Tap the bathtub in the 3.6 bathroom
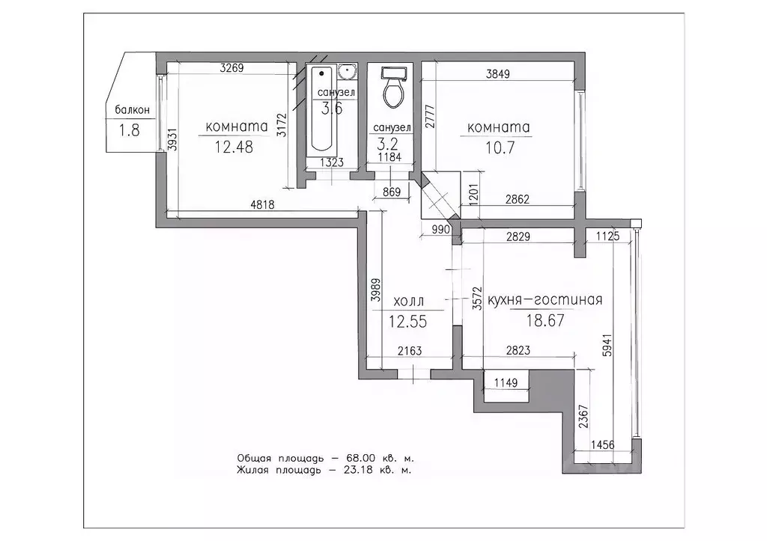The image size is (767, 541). pyautogui.click(x=321, y=108)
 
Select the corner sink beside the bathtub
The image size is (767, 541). pyautogui.click(x=348, y=73)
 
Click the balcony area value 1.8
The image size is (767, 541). pyautogui.click(x=129, y=130)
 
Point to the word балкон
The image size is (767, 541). pyautogui.click(x=132, y=110)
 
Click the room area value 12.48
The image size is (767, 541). pyautogui.click(x=234, y=147)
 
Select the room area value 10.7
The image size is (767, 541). pyautogui.click(x=500, y=147)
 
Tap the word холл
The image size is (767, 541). pyautogui.click(x=408, y=301)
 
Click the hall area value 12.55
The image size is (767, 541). pyautogui.click(x=407, y=322)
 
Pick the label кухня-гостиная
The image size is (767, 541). pyautogui.click(x=545, y=299)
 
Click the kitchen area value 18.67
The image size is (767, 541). pyautogui.click(x=545, y=320)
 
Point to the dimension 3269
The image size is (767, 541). pyautogui.click(x=231, y=68)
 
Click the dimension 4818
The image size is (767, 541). pyautogui.click(x=263, y=204)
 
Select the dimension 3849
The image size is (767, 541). pyautogui.click(x=498, y=74)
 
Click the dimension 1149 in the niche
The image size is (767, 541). pyautogui.click(x=506, y=382)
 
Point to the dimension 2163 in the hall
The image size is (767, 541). pyautogui.click(x=410, y=350)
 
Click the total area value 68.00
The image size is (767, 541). pyautogui.click(x=361, y=459)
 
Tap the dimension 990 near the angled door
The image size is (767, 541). pyautogui.click(x=440, y=229)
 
